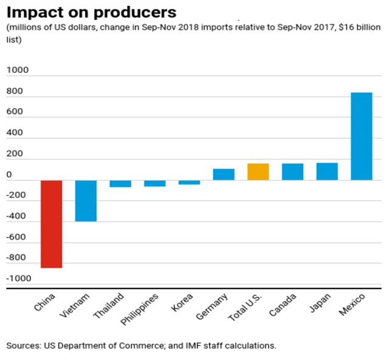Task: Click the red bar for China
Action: (51, 224)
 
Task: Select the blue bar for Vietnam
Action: (86, 201)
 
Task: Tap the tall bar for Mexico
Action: (362, 137)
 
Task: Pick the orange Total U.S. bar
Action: (258, 172)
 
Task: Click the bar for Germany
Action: (224, 174)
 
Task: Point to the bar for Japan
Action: (327, 171)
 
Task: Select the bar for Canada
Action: (292, 172)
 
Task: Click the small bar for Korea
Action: (189, 182)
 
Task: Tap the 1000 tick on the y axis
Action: (18, 71)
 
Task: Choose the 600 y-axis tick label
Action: (15, 112)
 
